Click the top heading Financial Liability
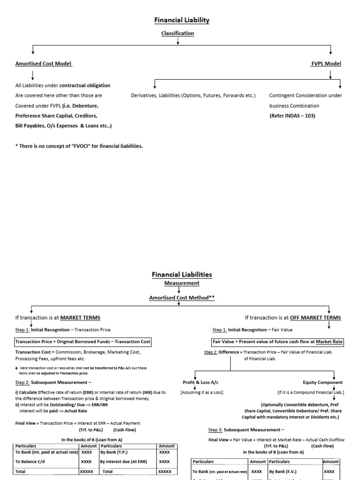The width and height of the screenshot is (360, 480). tap(182, 20)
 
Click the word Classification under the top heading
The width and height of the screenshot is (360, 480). tap(178, 33)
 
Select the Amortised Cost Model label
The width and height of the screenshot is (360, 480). tap(44, 63)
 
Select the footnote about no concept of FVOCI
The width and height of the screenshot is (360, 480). tap(79, 146)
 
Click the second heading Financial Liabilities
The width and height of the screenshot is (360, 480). tap(182, 274)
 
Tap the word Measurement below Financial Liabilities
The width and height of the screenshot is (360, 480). tap(182, 283)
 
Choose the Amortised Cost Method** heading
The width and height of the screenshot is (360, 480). tap(182, 298)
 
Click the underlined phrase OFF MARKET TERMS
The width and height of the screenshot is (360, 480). tap(315, 318)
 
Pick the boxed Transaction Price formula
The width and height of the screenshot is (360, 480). tap(83, 342)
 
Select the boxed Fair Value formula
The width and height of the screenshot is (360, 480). tap(278, 342)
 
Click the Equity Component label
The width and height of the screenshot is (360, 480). tap(322, 382)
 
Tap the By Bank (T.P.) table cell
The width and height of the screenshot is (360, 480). tap(114, 452)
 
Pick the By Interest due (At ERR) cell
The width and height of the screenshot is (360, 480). tap(123, 462)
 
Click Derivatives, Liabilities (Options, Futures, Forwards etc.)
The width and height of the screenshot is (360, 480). tap(193, 96)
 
